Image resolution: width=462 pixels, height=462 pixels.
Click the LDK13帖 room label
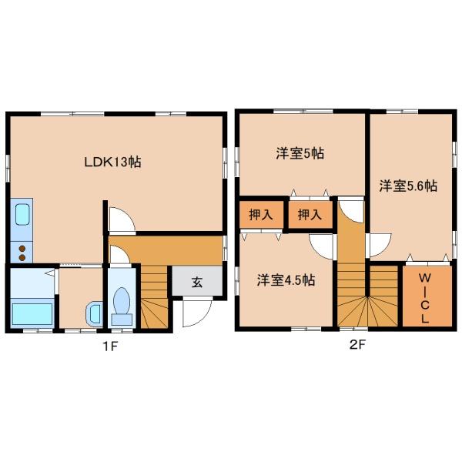pos(112,162)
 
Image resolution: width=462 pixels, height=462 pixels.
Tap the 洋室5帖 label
pos(300,153)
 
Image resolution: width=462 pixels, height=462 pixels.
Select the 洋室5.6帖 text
pos(408,186)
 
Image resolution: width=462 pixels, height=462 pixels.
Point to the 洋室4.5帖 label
pos(286,280)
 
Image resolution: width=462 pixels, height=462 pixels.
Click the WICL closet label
pos(424,298)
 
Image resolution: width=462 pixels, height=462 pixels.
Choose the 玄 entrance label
pos(197,283)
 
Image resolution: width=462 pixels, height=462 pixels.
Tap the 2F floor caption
pos(357,344)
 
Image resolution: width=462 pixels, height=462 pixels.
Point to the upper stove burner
pos(22,249)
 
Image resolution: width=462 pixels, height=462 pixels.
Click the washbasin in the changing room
pos(94,313)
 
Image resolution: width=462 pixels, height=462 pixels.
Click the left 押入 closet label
pos(260,215)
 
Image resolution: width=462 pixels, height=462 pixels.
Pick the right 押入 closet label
pos(310,215)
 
